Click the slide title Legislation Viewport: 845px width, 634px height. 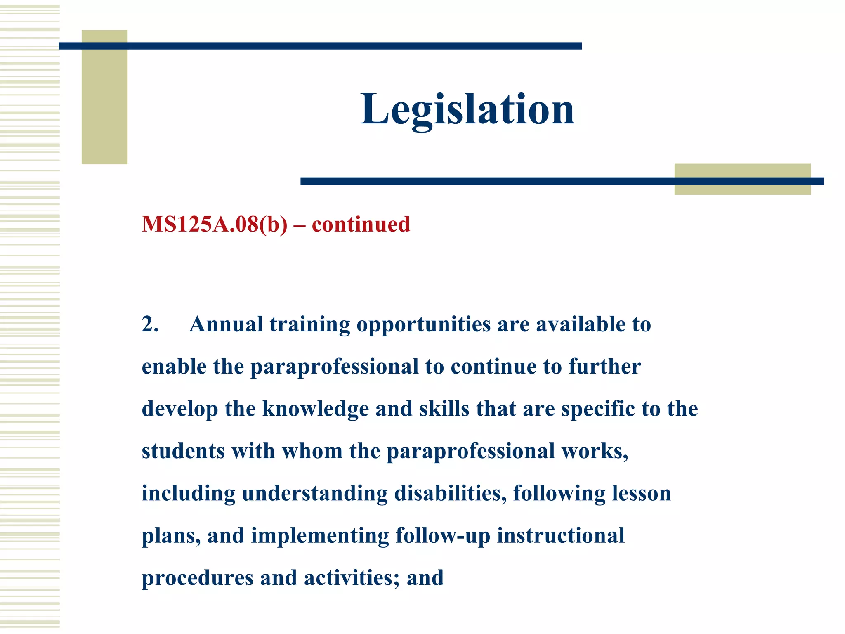pyautogui.click(x=467, y=109)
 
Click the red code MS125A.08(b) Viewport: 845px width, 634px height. pyautogui.click(x=215, y=225)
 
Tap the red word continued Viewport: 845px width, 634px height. pyautogui.click(x=361, y=225)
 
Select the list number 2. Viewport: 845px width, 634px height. pyautogui.click(x=150, y=324)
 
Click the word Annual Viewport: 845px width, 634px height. pyautogui.click(x=226, y=324)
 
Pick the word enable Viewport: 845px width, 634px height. pyautogui.click(x=174, y=367)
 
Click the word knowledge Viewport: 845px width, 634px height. pyautogui.click(x=316, y=409)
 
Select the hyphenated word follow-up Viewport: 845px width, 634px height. pyautogui.click(x=443, y=536)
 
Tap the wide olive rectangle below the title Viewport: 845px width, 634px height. pyautogui.click(x=742, y=188)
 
